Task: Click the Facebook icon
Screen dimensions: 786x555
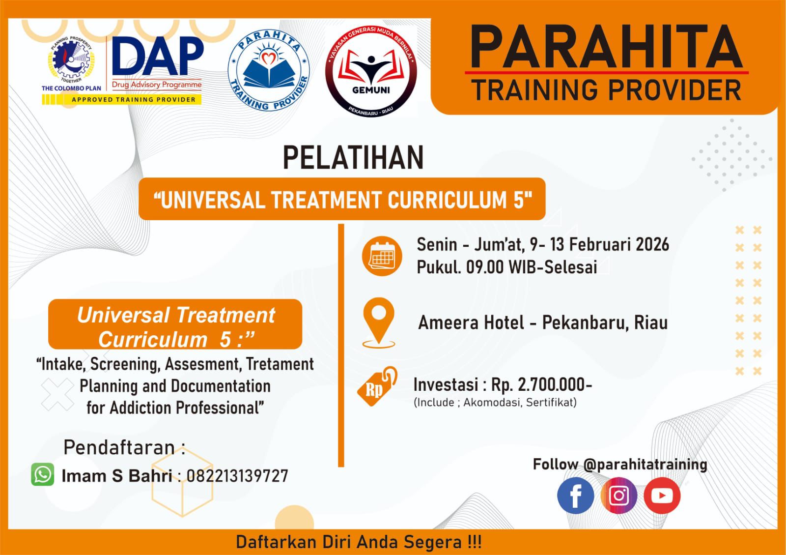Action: (575, 496)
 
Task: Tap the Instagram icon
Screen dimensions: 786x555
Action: (619, 496)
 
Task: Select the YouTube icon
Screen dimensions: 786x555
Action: (662, 496)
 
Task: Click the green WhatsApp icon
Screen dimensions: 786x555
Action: (42, 474)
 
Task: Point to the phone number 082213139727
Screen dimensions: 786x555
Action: (237, 476)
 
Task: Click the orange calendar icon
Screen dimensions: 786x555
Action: (382, 256)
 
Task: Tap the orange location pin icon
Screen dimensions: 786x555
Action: (379, 323)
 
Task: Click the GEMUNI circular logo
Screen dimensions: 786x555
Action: (371, 71)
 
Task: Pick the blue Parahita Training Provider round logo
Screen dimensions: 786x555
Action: (269, 70)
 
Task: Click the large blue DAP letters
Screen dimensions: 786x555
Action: (158, 56)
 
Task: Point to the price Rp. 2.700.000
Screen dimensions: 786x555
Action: (541, 385)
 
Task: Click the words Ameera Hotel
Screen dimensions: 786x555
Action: (471, 322)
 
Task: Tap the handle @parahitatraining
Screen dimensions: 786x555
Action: (646, 464)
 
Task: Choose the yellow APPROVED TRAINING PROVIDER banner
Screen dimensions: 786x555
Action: (121, 99)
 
